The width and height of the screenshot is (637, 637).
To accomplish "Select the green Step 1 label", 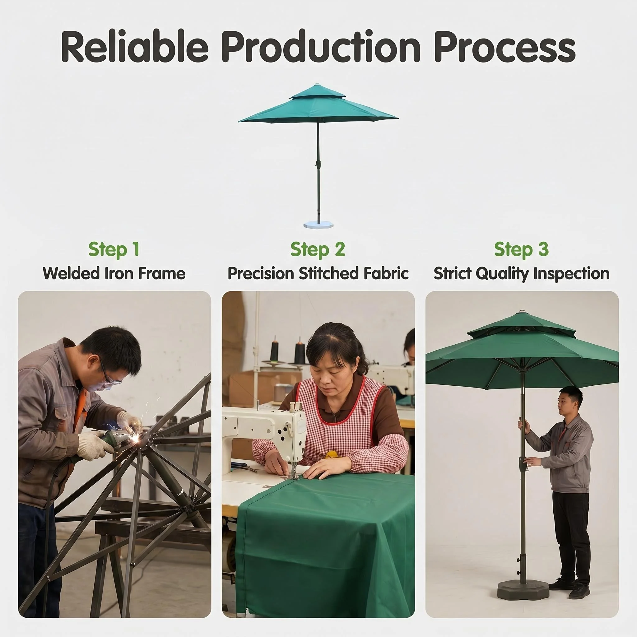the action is [x=114, y=249].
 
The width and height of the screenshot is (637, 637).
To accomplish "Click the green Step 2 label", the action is [x=318, y=249].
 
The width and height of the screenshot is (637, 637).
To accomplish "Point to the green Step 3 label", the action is [x=522, y=249].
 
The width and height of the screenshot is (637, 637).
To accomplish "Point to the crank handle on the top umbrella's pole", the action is [x=317, y=164].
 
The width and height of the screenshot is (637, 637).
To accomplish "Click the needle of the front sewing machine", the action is [x=292, y=470].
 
